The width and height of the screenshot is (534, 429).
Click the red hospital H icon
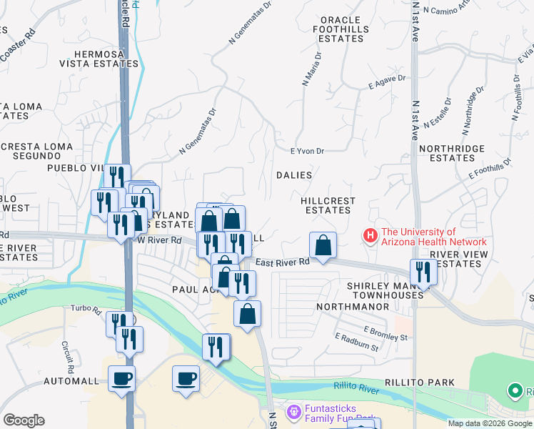pos(370,235)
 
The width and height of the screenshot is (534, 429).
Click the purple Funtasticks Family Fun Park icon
pos(293,413)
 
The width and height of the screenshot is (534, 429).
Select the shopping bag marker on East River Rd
pos(323,245)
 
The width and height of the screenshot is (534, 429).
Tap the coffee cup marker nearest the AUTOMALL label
pos(121,377)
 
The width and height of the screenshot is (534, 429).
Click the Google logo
pos(24,420)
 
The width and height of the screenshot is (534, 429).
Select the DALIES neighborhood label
pos(294,175)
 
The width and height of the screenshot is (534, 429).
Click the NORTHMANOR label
pos(355,306)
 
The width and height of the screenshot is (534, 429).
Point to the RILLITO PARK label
pos(420,383)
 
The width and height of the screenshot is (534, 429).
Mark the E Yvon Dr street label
pos(308,151)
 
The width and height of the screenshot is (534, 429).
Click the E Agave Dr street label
pos(387,82)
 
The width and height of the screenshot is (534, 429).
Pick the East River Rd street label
pos(283,262)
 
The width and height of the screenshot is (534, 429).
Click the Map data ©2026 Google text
pos(490,423)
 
